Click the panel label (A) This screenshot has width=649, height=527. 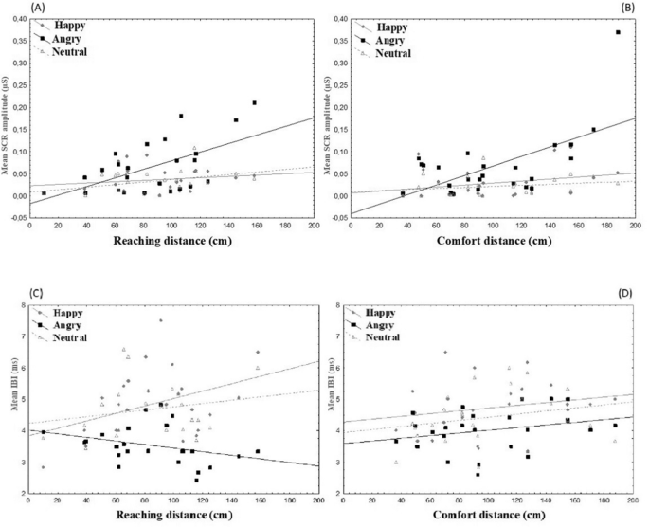(x=12, y=8)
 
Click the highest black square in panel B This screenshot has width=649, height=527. (x=618, y=32)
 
